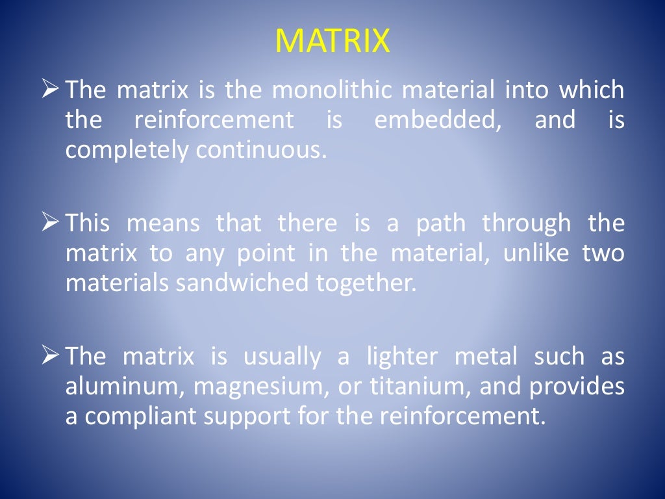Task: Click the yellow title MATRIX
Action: click(x=332, y=42)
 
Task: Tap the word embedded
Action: click(x=438, y=121)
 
